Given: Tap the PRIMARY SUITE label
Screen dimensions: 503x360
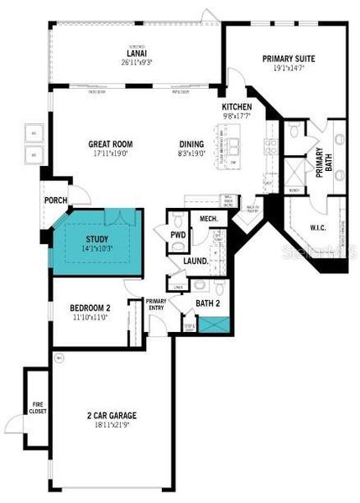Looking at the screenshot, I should (x=286, y=58).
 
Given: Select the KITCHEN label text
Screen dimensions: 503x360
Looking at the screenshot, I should (x=237, y=107).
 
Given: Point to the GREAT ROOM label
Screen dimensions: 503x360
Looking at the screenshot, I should (x=112, y=143).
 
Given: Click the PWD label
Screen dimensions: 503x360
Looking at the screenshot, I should (x=178, y=236).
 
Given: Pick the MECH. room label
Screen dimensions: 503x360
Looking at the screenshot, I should (x=208, y=220).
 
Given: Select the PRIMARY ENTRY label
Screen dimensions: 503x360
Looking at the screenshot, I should (x=156, y=305).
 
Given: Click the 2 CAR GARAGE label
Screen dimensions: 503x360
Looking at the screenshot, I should (x=112, y=416).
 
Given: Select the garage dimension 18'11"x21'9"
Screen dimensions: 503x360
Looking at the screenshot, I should (x=112, y=426).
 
